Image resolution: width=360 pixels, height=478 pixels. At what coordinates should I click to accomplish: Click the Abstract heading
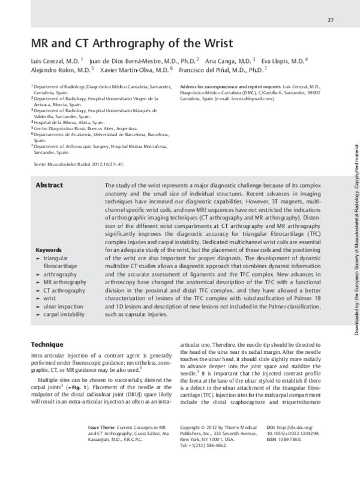tap(50, 169)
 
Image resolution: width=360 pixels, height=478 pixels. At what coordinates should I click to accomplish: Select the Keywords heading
tap(50, 249)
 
